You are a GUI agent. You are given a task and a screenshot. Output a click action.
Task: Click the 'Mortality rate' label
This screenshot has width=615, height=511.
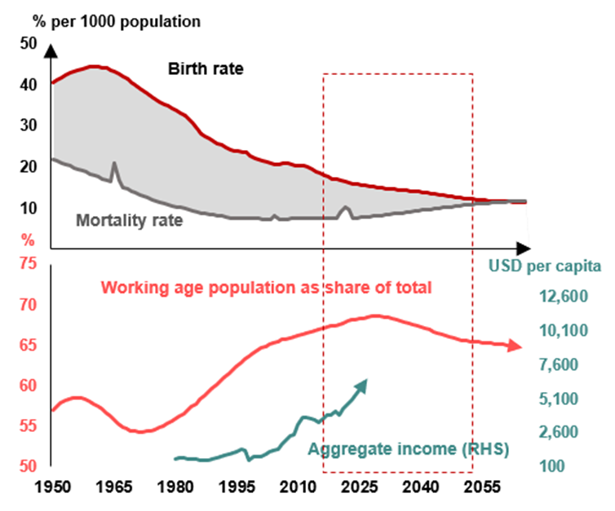(129, 219)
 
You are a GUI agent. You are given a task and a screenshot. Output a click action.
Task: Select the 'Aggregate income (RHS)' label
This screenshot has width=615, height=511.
(408, 448)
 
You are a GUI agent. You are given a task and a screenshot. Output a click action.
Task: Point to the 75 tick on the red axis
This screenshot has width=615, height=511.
(28, 265)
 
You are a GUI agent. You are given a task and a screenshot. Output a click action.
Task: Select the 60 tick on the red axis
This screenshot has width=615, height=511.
(28, 385)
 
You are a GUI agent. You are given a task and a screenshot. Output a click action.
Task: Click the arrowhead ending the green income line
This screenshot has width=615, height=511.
(363, 383)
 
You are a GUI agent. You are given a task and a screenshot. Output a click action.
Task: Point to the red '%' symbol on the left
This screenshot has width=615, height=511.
(26, 240)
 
